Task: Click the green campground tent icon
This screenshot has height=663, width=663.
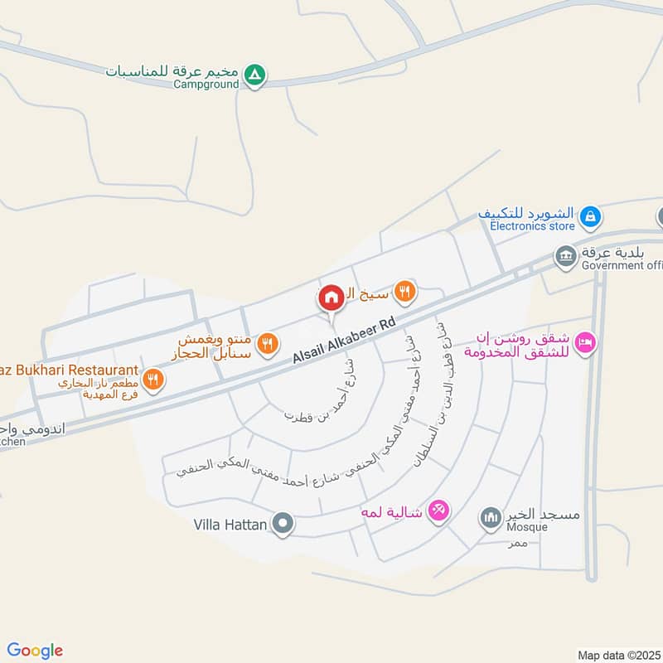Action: point(255,77)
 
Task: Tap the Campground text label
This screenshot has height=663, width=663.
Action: point(206,84)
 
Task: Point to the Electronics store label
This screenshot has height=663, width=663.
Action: point(532,225)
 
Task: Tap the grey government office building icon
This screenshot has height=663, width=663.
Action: point(566,256)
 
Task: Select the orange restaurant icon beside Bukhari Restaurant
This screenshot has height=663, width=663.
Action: point(152,380)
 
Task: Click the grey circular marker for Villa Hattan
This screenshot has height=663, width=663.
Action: point(283,524)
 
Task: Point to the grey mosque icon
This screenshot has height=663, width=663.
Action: point(491,520)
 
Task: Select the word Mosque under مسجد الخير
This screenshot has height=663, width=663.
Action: point(524,527)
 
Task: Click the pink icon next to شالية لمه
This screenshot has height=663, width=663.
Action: point(438,511)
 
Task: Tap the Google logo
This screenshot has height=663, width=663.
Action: point(35,651)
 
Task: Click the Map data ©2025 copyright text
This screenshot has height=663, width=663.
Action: point(617,655)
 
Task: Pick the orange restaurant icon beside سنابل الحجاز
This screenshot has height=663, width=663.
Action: point(267,345)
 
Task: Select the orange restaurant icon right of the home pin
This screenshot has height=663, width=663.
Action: point(404,291)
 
